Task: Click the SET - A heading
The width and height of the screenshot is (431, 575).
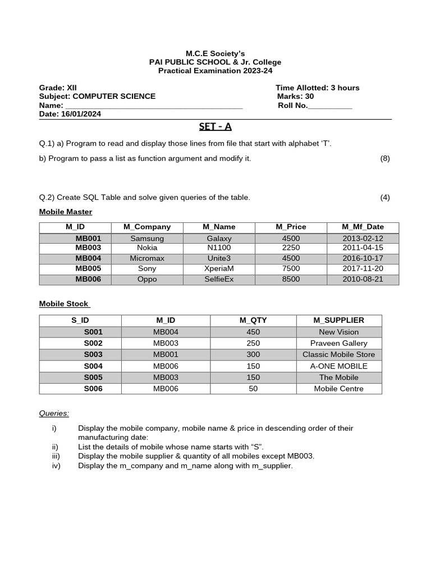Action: [215, 126]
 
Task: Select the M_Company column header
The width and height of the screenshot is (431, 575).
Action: [147, 227]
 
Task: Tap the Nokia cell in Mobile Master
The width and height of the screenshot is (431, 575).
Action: [147, 248]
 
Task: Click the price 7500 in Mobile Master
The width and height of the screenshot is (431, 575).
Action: [291, 268]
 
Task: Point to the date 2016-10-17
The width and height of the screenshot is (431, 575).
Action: [363, 258]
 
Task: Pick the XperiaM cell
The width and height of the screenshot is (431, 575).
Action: [219, 268]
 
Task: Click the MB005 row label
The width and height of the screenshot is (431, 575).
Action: [89, 268]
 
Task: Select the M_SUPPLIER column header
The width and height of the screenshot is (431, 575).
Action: [338, 320]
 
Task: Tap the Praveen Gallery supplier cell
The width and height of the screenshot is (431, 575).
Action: [338, 343]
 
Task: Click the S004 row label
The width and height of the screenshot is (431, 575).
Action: [93, 366]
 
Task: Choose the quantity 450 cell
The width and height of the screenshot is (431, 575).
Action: [253, 332]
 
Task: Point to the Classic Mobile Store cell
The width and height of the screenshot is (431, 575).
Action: [338, 354]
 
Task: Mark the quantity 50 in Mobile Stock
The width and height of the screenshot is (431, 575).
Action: [253, 389]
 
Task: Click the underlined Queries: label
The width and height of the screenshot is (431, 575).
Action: [54, 413]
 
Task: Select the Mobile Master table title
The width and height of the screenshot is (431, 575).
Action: [66, 212]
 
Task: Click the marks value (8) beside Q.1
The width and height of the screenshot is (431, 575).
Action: [385, 158]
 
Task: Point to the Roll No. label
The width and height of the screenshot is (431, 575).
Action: [293, 105]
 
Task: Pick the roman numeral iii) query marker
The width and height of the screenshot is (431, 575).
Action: [55, 456]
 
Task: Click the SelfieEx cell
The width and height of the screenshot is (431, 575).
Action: [219, 279]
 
